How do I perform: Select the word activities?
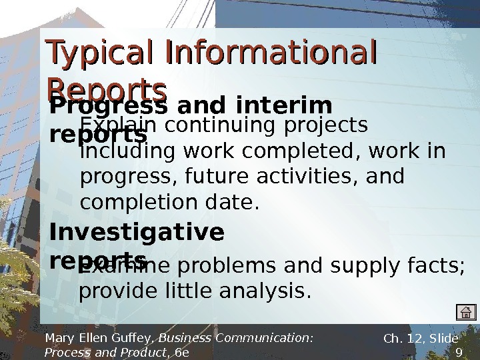[x=311, y=177]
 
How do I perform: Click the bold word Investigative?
[x=137, y=233]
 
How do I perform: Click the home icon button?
[x=467, y=312]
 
